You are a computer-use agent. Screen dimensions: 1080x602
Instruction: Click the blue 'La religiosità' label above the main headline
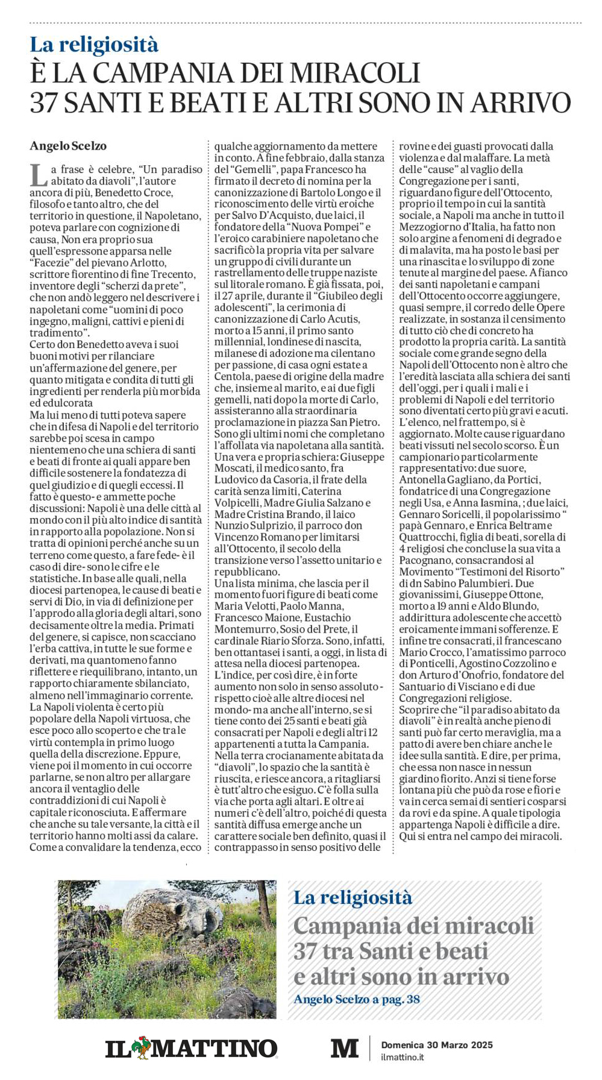coord(94,45)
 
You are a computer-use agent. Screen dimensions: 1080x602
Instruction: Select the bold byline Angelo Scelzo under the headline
coord(68,146)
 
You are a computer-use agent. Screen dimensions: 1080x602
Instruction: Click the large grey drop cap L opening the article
coord(39,175)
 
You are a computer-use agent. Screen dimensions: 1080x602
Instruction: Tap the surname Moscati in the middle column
coord(238,469)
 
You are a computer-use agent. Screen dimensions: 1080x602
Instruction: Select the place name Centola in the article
coord(233,377)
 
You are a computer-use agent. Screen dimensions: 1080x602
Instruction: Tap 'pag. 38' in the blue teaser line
coord(401,999)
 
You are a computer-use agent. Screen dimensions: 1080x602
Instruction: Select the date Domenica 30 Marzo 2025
coord(437,1044)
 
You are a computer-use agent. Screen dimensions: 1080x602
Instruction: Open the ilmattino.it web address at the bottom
coord(403,1057)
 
